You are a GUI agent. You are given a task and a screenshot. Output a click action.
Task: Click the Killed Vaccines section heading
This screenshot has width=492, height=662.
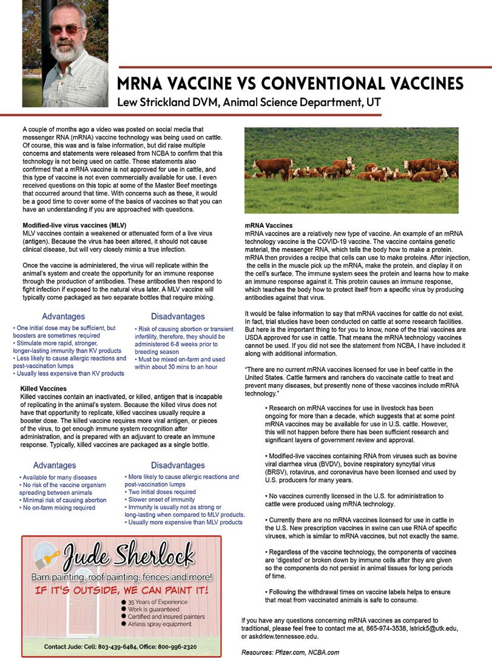coord(44,387)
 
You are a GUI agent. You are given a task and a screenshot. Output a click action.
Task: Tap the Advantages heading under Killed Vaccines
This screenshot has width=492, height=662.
coord(55,465)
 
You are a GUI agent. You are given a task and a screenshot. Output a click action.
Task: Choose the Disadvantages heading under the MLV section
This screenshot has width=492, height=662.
coord(178,316)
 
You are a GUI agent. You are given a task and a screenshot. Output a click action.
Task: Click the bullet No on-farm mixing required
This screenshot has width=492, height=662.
coord(59,508)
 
